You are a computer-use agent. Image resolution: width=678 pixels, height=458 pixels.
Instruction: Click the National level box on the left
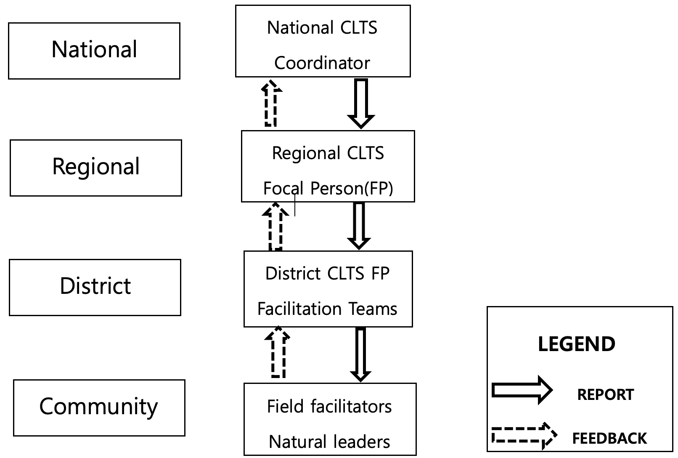click(x=94, y=51)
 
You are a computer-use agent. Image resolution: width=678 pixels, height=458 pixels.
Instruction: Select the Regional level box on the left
click(x=96, y=168)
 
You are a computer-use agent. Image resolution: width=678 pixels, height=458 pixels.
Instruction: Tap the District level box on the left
click(x=95, y=287)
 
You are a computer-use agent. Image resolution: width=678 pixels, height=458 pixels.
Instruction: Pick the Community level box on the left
click(x=99, y=407)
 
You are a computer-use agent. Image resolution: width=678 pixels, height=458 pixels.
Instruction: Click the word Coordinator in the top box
click(x=322, y=63)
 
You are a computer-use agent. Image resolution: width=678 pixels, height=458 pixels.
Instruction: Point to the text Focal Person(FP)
click(x=328, y=188)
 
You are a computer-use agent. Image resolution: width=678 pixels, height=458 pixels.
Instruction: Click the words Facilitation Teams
click(x=327, y=309)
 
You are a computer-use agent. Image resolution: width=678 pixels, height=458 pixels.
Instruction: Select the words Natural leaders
click(x=329, y=442)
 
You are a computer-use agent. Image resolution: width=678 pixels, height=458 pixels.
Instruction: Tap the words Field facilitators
click(x=329, y=407)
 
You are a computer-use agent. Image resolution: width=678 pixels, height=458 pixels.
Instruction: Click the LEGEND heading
click(x=577, y=344)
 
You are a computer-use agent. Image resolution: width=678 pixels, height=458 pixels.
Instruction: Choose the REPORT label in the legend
click(x=605, y=395)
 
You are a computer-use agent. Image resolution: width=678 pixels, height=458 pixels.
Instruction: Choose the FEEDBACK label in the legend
click(x=609, y=439)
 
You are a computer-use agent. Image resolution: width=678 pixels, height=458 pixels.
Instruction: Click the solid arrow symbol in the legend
click(x=522, y=390)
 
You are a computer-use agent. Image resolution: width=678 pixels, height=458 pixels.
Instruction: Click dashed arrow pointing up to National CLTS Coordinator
click(x=271, y=104)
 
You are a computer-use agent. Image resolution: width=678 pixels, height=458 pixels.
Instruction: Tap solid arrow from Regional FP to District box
click(x=359, y=226)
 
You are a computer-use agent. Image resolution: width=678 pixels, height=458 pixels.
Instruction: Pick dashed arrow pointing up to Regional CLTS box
click(x=275, y=226)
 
